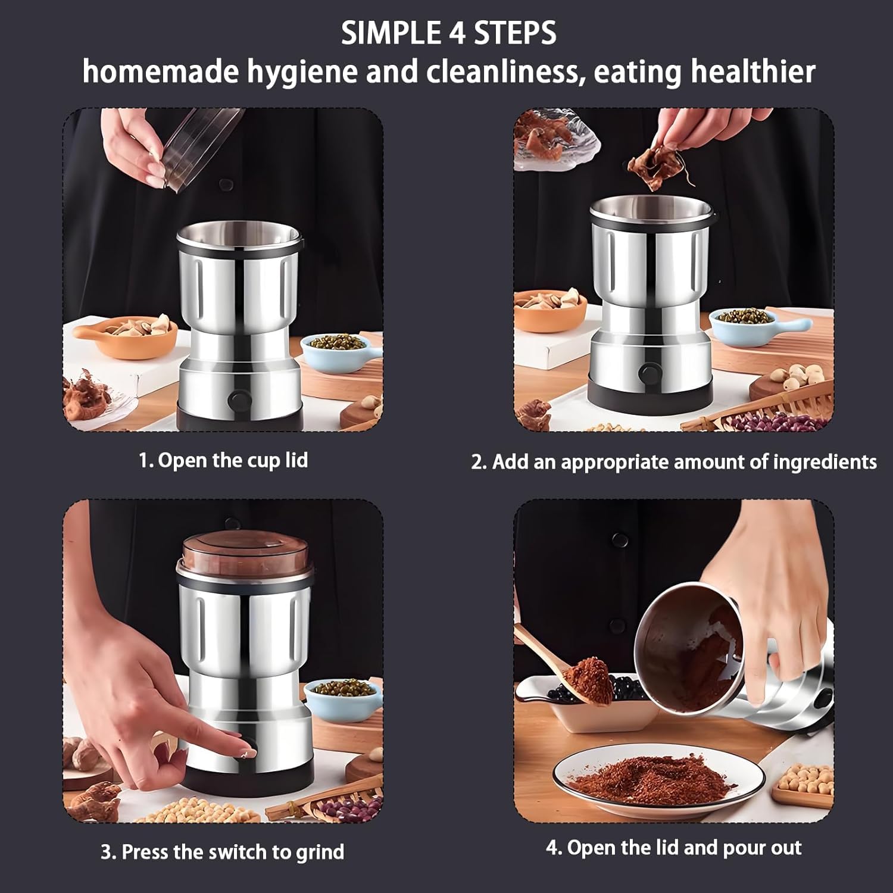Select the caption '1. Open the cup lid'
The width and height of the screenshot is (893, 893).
(223, 460)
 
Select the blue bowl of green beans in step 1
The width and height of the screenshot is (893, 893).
(333, 348)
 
